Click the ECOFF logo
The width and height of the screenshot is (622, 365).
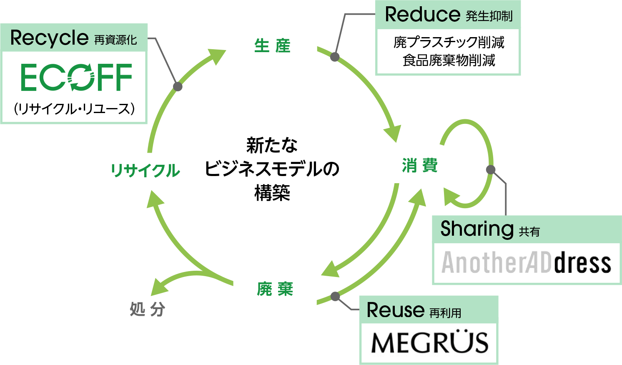coord(76,78)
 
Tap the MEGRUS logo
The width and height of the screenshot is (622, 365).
coord(429,343)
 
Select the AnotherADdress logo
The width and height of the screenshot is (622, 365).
coord(527,263)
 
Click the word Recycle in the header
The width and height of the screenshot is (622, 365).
coord(49,38)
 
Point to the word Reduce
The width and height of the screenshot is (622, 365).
coord(422,15)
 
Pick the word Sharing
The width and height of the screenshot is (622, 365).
coord(477,229)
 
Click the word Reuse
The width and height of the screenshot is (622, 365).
coord(395,310)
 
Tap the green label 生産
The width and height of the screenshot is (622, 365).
coord(272,46)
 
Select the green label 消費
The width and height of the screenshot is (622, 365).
coord(420,166)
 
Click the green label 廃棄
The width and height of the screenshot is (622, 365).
coord(275,289)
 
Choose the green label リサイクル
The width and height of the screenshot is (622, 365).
coord(145,171)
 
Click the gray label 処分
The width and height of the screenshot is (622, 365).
coord(148,310)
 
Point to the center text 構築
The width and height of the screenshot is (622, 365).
coord(272,193)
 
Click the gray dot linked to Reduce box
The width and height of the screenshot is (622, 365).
coord(335,57)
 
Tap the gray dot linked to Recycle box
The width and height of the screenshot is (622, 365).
coord(178,86)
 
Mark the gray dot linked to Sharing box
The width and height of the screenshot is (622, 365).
coord(491,169)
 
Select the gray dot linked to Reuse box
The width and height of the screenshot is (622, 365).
coord(335,297)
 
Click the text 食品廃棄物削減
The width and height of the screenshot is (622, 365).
coord(449,60)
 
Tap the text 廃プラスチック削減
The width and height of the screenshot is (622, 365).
coord(449,42)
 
